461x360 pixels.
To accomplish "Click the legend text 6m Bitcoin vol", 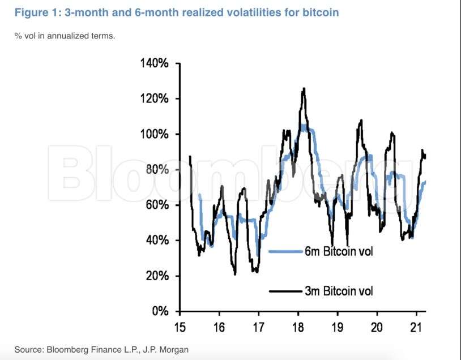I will pyautogui.click(x=339, y=251).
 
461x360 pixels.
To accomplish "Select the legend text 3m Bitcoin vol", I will pyautogui.click(x=339, y=292).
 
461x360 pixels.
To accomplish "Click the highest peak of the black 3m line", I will pyautogui.click(x=304, y=88).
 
